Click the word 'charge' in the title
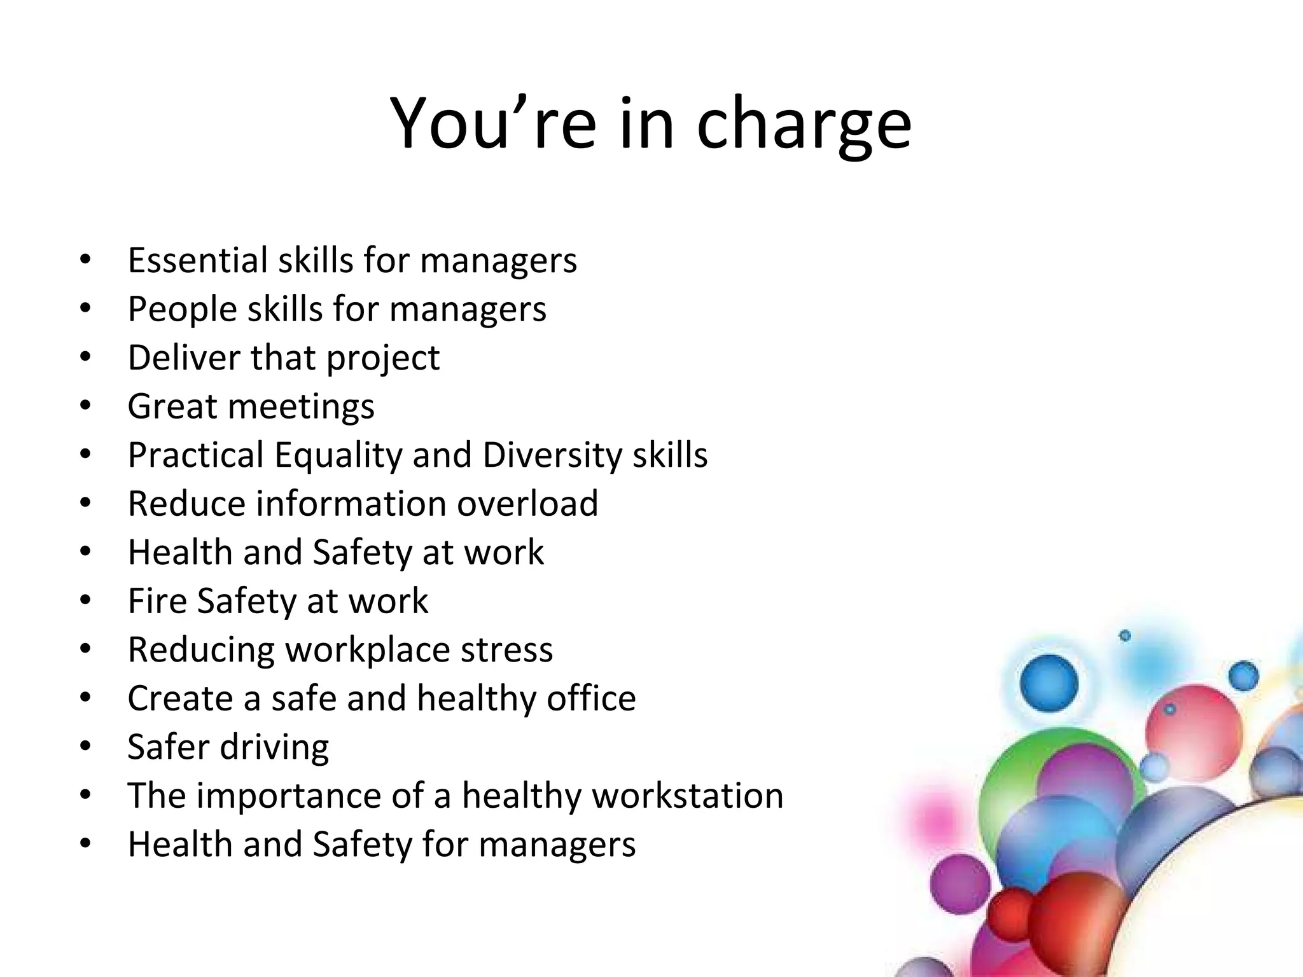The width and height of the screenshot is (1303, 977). click(804, 124)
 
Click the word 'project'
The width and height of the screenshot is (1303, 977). click(383, 359)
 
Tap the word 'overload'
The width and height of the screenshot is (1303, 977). click(527, 504)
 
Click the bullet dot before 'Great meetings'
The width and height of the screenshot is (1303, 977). click(86, 405)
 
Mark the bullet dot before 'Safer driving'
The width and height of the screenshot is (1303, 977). click(86, 745)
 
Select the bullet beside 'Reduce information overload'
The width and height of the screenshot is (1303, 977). click(86, 502)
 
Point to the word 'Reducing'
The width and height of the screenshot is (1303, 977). click(201, 651)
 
